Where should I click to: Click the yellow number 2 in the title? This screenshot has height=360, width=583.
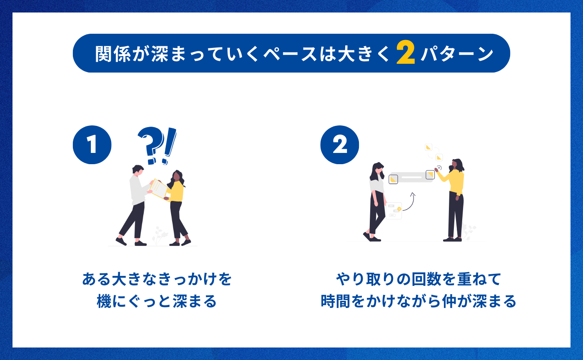point(406,52)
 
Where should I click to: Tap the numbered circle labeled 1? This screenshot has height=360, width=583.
point(92,145)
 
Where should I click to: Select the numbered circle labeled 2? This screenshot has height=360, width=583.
point(340,145)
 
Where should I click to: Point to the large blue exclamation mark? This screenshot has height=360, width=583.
point(169,146)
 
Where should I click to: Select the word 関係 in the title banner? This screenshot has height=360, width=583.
point(113,54)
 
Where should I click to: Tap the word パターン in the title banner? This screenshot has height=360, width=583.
point(457,54)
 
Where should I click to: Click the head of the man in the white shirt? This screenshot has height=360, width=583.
point(138,170)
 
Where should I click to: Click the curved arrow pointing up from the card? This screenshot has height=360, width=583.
point(409,202)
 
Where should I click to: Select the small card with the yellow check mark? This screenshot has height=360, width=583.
point(394,211)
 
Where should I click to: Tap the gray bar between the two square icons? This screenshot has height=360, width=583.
point(411,177)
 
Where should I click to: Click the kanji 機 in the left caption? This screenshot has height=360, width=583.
point(104,301)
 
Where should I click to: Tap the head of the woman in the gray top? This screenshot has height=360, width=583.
point(378,170)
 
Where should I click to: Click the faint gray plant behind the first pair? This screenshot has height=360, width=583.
point(159,235)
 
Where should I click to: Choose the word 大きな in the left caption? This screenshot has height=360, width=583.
point(134,279)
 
